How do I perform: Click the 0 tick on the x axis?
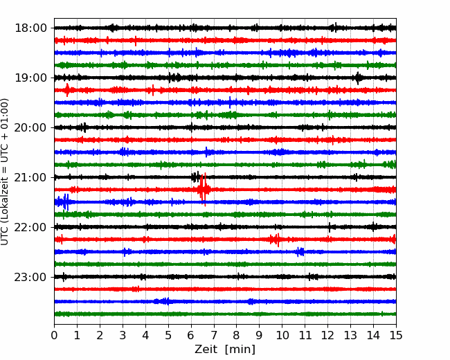54,336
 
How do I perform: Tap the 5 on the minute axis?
168,336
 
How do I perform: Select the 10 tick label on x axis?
282,336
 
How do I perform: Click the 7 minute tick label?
214,336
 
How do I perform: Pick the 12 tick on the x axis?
327,336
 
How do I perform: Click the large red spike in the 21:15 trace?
203,189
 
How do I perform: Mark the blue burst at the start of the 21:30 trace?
64,202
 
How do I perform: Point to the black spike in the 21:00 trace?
196,177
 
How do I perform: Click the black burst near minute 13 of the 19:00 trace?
358,78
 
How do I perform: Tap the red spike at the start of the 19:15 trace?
67,90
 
